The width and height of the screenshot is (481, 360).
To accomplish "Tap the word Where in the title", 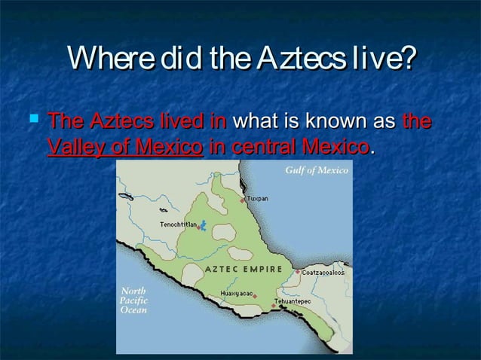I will pyautogui.click(x=106, y=59).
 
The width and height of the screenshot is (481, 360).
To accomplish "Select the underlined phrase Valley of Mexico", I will pyautogui.click(x=124, y=145).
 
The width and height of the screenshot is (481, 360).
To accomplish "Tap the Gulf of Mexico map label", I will pyautogui.click(x=317, y=171).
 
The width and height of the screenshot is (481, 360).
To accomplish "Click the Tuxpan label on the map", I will pyautogui.click(x=258, y=198).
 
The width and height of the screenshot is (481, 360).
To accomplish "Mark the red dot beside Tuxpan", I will pyautogui.click(x=243, y=201).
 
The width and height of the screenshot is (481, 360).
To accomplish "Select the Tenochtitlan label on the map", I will pyautogui.click(x=178, y=224).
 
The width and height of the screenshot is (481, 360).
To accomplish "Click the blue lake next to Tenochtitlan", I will pyautogui.click(x=203, y=224).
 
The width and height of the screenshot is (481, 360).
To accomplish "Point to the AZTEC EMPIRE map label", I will pyautogui.click(x=244, y=269).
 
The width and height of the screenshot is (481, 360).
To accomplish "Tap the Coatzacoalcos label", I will pyautogui.click(x=324, y=272).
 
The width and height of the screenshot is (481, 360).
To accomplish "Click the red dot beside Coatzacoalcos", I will pyautogui.click(x=299, y=272).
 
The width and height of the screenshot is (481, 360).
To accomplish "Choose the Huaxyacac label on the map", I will pyautogui.click(x=236, y=291).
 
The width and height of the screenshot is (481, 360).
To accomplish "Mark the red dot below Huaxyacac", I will pyautogui.click(x=255, y=297).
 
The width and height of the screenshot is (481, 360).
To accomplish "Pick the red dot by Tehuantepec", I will pyautogui.click(x=273, y=306).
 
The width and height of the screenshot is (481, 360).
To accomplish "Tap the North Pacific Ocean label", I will pyautogui.click(x=135, y=300).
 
